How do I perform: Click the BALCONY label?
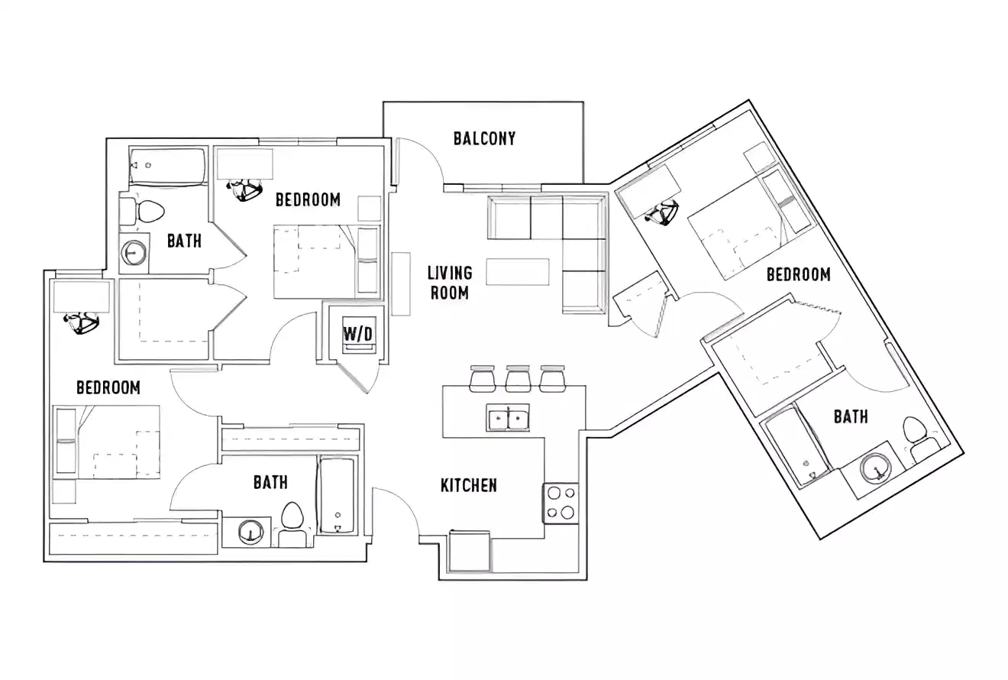point(484,138)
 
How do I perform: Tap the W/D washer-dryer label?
point(358,333)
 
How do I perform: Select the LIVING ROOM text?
point(450,282)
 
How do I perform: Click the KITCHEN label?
point(469,485)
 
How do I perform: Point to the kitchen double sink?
point(508,419)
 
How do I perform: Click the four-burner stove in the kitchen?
point(561,502)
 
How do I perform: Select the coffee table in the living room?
point(518,272)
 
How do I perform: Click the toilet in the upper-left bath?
point(147,212)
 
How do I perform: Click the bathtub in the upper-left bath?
point(167,165)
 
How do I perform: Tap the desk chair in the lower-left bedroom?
point(81,323)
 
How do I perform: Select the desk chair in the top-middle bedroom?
point(246,189)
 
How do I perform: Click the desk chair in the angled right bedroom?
point(661,212)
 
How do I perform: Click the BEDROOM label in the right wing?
point(798,274)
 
